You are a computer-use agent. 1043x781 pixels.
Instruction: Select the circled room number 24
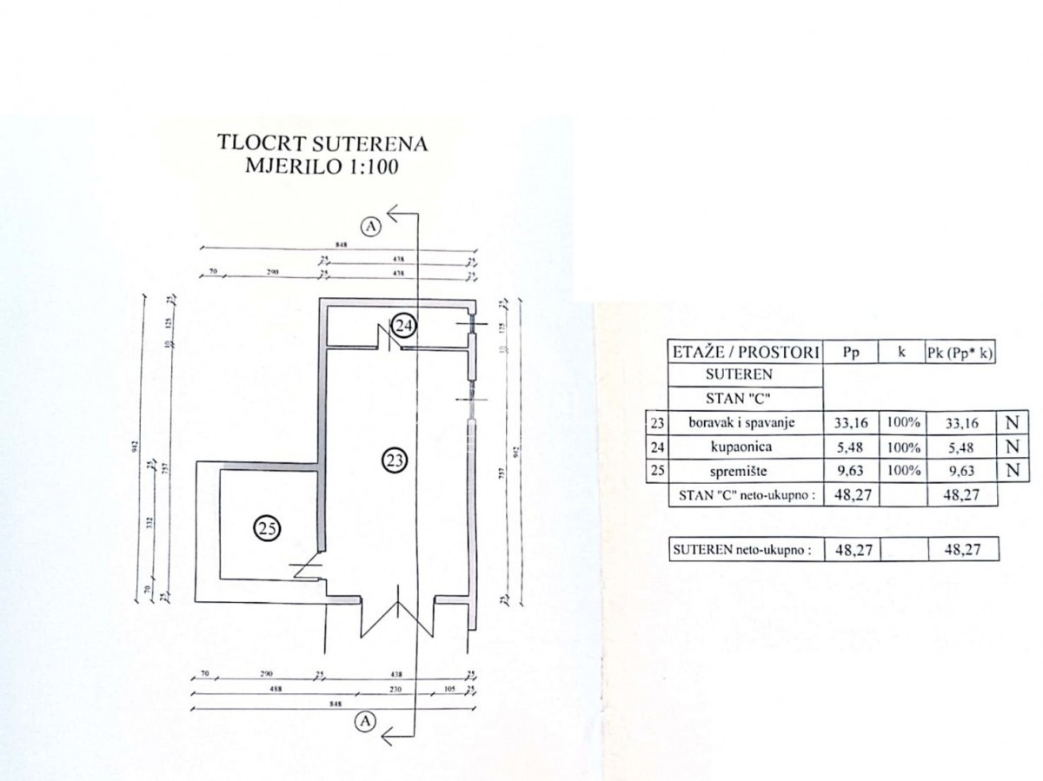(x=403, y=326)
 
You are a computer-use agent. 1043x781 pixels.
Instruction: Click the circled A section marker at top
(x=372, y=227)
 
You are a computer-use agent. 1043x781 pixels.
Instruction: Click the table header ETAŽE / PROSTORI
(x=745, y=352)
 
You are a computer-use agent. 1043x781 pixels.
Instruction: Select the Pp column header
(x=853, y=352)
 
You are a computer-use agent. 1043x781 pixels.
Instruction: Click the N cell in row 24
(x=1012, y=448)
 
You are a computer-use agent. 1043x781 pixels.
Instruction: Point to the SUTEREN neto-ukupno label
(x=745, y=549)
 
